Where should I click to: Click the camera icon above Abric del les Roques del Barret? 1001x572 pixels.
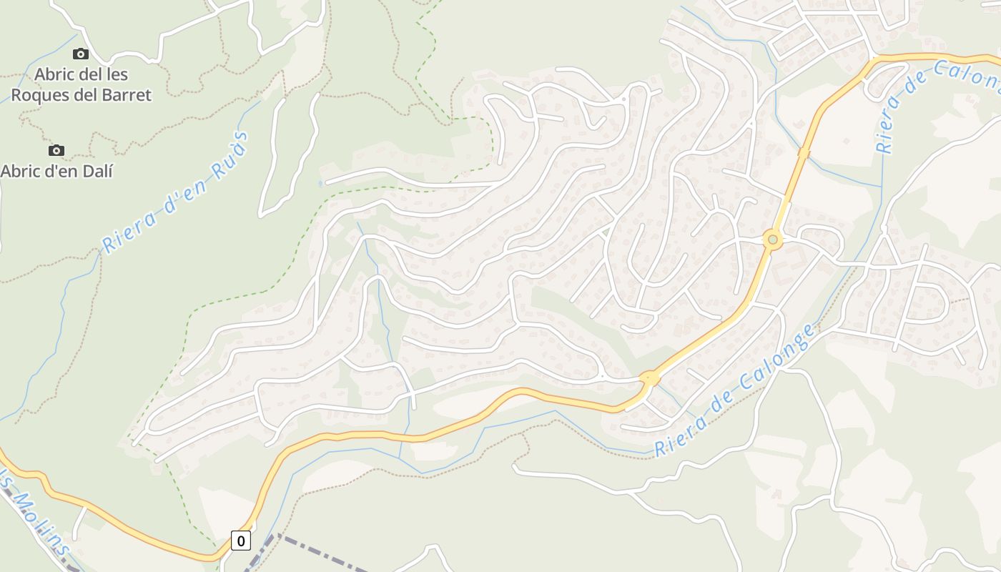tap(81, 54)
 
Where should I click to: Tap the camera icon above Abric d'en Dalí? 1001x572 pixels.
tap(56, 150)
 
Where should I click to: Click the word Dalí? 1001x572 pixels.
tap(99, 171)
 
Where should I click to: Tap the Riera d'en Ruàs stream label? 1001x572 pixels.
tap(175, 192)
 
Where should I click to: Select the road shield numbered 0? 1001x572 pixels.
tap(241, 541)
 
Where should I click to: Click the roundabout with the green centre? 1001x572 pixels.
tap(771, 240)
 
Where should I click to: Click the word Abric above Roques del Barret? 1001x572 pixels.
tap(59, 74)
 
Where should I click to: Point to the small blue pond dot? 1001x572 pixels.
tap(320, 184)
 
